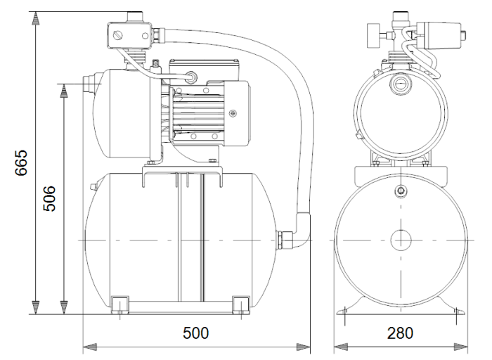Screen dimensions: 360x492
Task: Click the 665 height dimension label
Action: pyautogui.click(x=22, y=163)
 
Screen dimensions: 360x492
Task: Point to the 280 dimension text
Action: pyautogui.click(x=400, y=333)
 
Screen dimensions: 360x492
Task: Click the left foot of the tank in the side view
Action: pyautogui.click(x=120, y=303)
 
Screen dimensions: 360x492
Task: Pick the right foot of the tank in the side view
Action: pyautogui.click(x=240, y=303)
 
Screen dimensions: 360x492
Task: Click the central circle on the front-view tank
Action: pyautogui.click(x=400, y=240)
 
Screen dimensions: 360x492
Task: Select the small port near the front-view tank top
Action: pyautogui.click(x=400, y=191)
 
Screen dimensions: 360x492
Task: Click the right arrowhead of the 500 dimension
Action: pyautogui.click(x=305, y=346)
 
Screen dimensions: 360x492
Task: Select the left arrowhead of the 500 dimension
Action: pyautogui.click(x=89, y=346)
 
